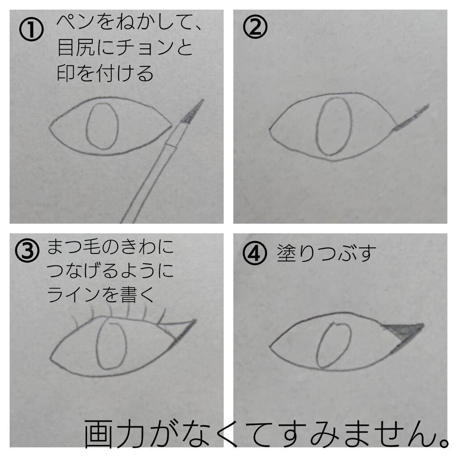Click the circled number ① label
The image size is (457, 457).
point(31,30)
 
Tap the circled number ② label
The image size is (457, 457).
point(255,28)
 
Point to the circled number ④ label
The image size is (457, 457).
point(255,254)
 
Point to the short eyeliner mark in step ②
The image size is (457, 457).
point(411,118)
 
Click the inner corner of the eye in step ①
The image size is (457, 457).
point(50,127)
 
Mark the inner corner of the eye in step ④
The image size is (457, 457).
point(271,345)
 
